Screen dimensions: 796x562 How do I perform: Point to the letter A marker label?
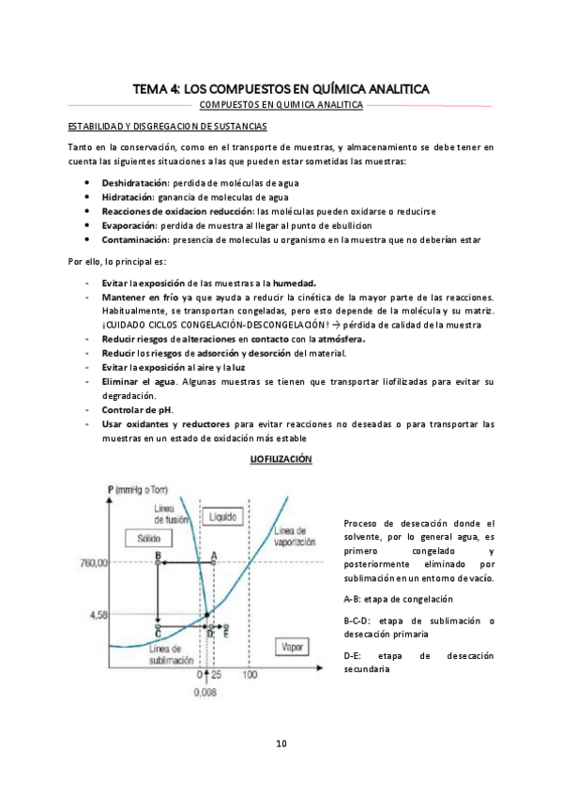214,556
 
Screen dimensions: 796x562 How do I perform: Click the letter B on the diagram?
158,556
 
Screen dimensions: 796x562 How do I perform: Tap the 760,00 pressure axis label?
122,563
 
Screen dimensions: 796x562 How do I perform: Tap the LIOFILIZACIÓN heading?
281,459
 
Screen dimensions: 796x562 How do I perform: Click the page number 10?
281,743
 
